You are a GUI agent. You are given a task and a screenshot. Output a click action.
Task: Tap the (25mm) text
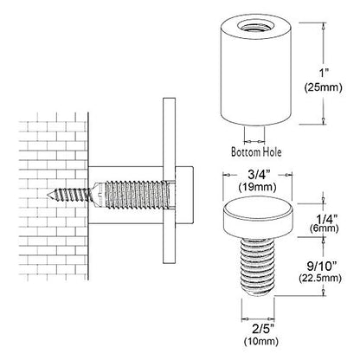(x=324, y=87)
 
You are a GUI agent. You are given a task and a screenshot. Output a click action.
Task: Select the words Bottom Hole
(x=256, y=151)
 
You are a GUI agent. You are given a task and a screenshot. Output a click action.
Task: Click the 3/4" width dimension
(x=257, y=175)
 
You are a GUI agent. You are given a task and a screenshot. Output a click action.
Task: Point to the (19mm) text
(x=257, y=187)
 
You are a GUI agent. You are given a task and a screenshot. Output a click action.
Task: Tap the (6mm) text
(x=324, y=228)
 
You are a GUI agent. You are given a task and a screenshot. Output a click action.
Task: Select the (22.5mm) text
(x=320, y=278)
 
